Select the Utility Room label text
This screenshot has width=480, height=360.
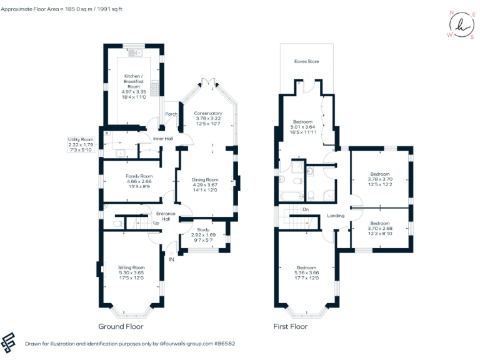[81, 139]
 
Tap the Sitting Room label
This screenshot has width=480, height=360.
[131, 267]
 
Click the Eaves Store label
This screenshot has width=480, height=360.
[307, 62]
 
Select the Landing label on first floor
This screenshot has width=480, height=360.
[336, 216]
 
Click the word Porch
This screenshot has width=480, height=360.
[171, 114]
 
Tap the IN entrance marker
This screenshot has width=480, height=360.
[170, 259]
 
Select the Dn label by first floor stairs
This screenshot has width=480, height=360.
[305, 209]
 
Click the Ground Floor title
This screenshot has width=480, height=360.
[121, 326]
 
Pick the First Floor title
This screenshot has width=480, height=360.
[291, 326]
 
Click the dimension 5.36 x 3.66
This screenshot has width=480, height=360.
[306, 272]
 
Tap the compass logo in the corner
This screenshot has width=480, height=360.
[461, 25]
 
